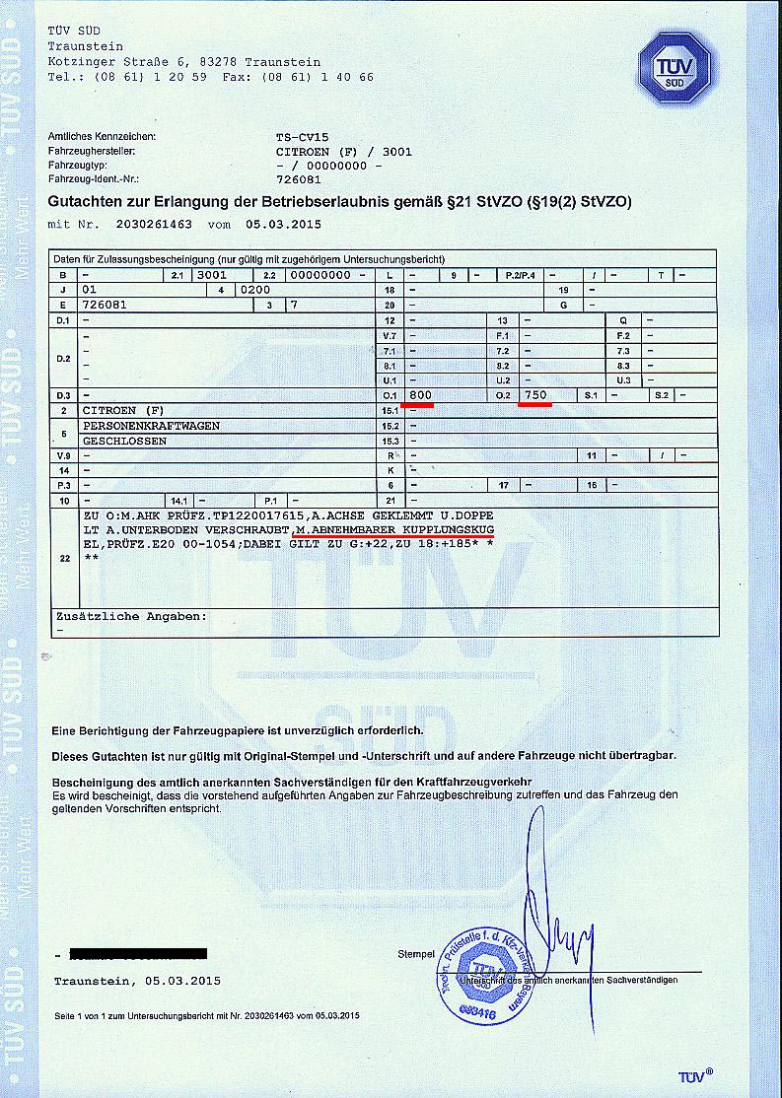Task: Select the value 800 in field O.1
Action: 421,394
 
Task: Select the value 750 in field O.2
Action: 535,394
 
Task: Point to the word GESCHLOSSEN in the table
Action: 124,441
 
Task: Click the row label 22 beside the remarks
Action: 64,559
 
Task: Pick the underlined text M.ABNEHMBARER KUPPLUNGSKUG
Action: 392,530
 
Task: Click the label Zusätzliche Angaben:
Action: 131,616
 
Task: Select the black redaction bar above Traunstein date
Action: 138,954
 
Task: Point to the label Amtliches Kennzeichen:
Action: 103,136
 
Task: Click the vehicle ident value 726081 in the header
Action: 299,179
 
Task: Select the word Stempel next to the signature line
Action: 415,954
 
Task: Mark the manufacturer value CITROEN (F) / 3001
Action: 344,152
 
